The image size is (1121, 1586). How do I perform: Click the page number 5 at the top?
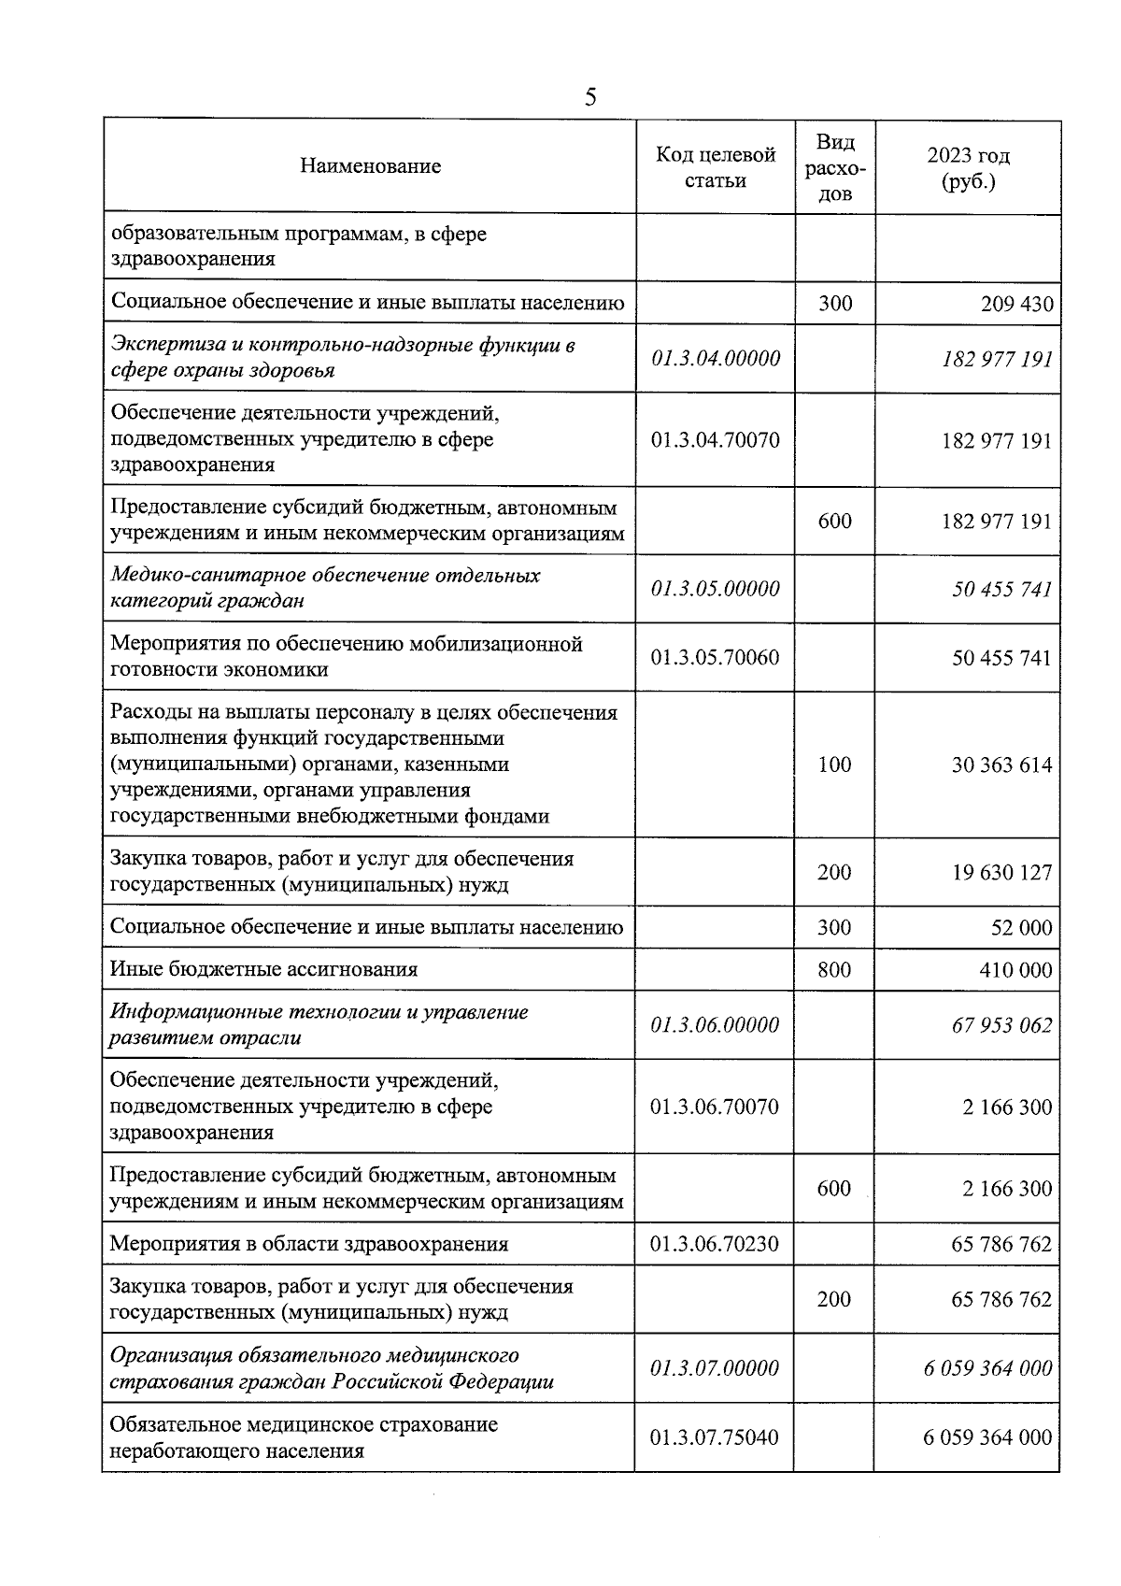pos(589,97)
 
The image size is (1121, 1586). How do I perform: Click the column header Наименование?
pos(370,166)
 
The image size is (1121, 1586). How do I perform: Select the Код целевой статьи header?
pos(716,167)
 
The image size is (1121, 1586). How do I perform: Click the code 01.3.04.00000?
pos(716,358)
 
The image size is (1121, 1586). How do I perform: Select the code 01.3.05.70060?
pos(716,657)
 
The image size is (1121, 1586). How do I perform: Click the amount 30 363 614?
pos(1001,765)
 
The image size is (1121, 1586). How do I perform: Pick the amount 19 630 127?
pos(1001,872)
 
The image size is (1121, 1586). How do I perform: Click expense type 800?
pos(834,970)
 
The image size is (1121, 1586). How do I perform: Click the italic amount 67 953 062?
pos(1001,1025)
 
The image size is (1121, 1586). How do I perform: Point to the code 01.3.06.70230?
pos(716,1244)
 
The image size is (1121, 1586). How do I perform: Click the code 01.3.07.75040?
pos(716,1437)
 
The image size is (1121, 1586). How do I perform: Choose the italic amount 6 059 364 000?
pos(987,1368)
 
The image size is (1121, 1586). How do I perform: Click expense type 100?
pos(834,764)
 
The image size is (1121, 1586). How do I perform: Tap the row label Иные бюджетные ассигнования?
pos(263,969)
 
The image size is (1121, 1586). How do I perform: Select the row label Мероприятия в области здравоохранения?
pos(309,1244)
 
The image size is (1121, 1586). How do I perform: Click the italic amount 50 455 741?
pos(1001,590)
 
